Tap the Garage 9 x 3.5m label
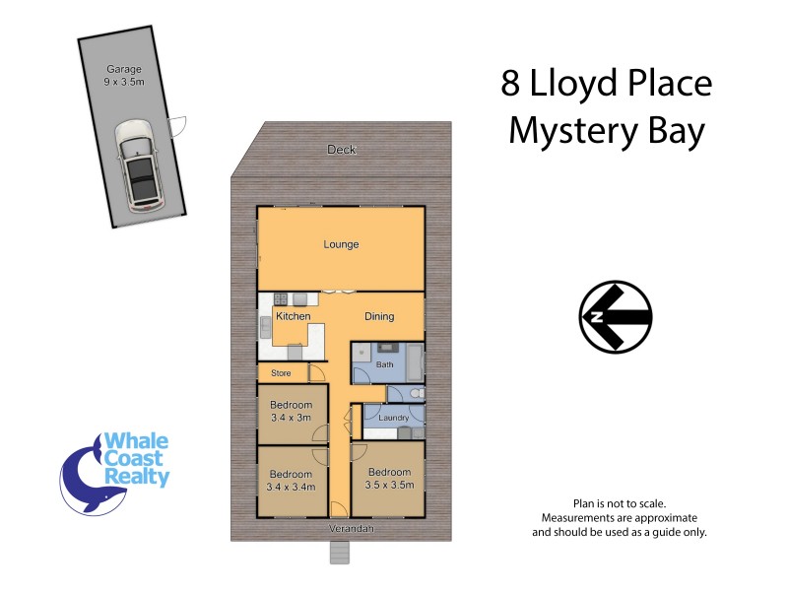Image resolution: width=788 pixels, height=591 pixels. (x=125, y=76)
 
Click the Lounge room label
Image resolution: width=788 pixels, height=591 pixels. (x=342, y=244)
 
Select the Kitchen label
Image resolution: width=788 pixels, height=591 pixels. (x=293, y=316)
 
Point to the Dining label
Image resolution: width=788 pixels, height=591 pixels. (x=379, y=316)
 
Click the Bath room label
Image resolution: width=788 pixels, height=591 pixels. (x=384, y=365)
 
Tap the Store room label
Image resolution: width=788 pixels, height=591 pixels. (x=282, y=372)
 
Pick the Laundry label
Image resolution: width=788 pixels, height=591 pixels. (x=393, y=418)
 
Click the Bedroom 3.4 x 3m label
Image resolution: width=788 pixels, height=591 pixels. (x=291, y=411)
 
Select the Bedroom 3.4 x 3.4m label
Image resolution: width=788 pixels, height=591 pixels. (x=291, y=480)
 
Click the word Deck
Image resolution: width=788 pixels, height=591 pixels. (x=342, y=150)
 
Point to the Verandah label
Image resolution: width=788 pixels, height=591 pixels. (x=341, y=529)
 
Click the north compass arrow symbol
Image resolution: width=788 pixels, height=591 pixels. (x=616, y=317)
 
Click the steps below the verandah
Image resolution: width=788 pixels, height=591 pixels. (x=339, y=554)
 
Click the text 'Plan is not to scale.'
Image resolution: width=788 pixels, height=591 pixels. (x=620, y=503)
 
